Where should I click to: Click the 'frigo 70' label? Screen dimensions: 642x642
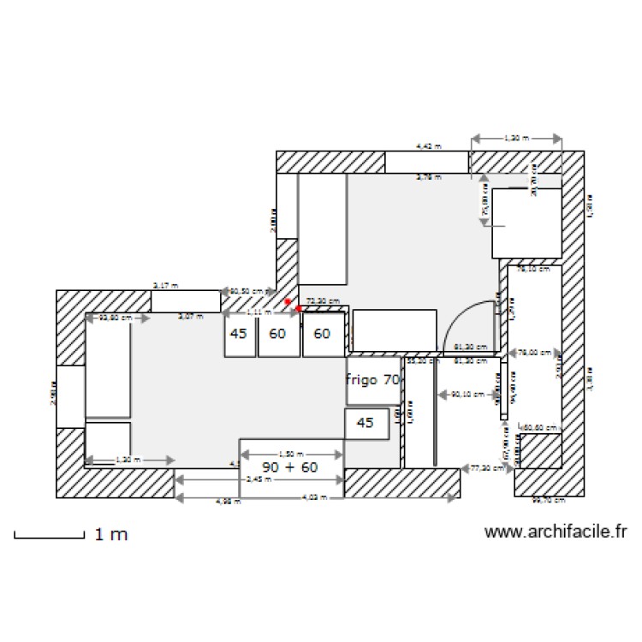(373, 378)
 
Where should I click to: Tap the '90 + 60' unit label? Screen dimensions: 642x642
(290, 467)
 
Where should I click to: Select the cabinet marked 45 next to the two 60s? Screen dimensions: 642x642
(239, 334)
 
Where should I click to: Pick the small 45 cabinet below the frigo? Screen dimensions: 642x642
(366, 423)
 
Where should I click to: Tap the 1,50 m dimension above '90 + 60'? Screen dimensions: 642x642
(291, 454)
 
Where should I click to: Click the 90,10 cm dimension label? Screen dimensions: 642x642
(466, 395)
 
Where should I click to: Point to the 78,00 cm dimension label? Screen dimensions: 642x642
(533, 352)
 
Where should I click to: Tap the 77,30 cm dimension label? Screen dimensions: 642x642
(485, 468)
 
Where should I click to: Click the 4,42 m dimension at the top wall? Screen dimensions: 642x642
(428, 147)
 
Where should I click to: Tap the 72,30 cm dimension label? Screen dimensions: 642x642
(323, 301)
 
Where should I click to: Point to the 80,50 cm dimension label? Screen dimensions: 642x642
(247, 291)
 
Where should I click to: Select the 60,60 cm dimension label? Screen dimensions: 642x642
(540, 426)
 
